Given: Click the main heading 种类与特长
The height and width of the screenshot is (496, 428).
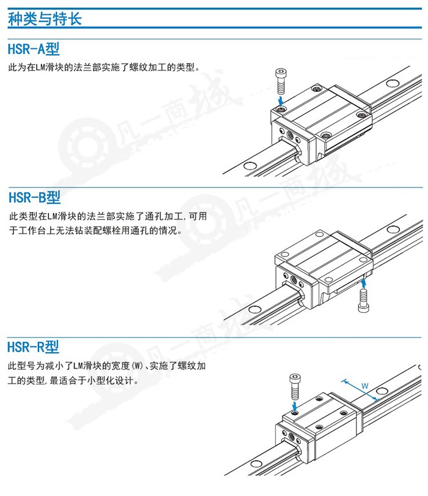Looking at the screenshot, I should [x=45, y=18].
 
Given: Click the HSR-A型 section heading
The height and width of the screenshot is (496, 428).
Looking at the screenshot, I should [x=34, y=48].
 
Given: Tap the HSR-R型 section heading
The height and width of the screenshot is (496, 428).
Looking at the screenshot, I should [x=34, y=347].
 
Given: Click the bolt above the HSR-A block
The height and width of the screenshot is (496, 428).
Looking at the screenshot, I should [x=281, y=78].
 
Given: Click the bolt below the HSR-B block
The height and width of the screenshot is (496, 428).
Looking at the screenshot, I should [x=364, y=300].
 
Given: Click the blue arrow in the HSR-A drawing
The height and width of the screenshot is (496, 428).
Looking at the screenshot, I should [x=281, y=98].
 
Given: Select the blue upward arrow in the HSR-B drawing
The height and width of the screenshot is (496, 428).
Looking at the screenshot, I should [x=364, y=282].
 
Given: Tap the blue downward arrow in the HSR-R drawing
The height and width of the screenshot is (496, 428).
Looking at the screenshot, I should [x=295, y=405].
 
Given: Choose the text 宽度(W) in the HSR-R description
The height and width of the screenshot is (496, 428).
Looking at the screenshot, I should [x=128, y=366].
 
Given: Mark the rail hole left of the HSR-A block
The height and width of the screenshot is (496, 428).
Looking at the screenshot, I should [x=249, y=165].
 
